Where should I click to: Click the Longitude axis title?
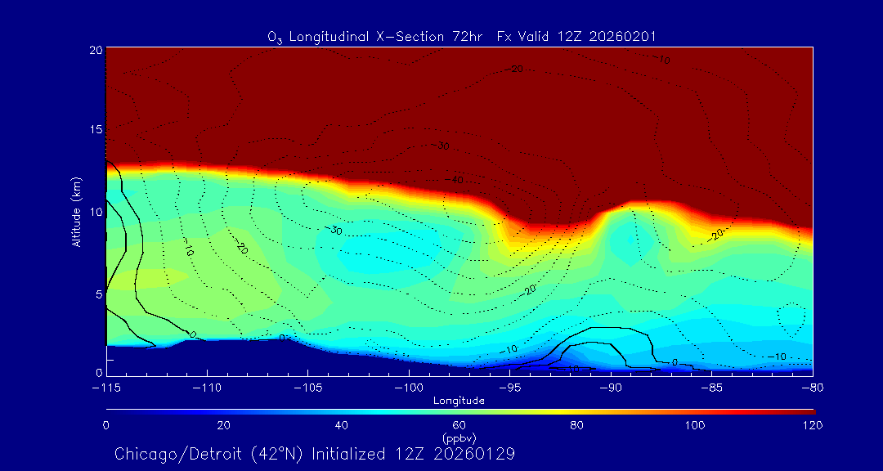(459, 401)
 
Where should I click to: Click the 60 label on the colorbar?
(459, 425)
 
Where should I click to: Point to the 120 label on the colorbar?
(813, 425)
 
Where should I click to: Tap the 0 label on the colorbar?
(106, 425)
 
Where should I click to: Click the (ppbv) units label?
(459, 438)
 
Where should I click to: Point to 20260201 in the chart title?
(620, 37)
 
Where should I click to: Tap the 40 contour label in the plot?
(456, 180)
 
